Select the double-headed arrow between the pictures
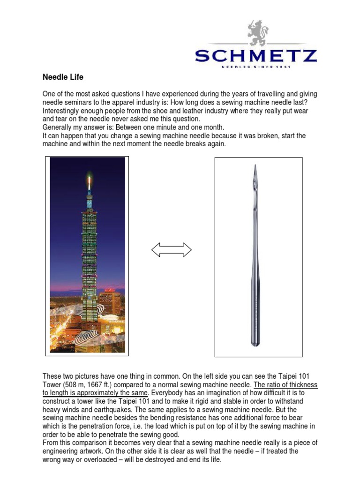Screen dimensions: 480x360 point(172,250)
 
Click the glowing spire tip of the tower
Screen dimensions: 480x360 point(89,177)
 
